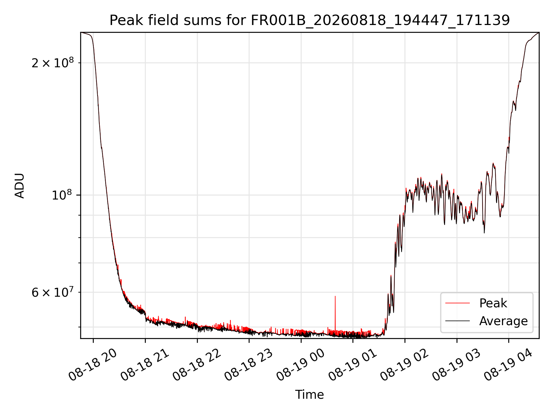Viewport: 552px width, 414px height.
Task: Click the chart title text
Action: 310,20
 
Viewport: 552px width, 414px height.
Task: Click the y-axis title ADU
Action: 20,185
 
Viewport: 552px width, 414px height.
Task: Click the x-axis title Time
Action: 310,395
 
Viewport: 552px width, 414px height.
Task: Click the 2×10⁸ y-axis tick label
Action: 53,63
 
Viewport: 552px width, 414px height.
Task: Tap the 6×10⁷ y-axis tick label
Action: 53,292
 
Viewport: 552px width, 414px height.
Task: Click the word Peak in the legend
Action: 493,303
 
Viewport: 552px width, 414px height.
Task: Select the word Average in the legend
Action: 503,321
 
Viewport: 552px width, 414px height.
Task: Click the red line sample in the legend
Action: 457,303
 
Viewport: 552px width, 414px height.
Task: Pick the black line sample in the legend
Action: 457,321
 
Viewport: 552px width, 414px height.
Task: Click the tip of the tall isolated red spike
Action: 335,296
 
